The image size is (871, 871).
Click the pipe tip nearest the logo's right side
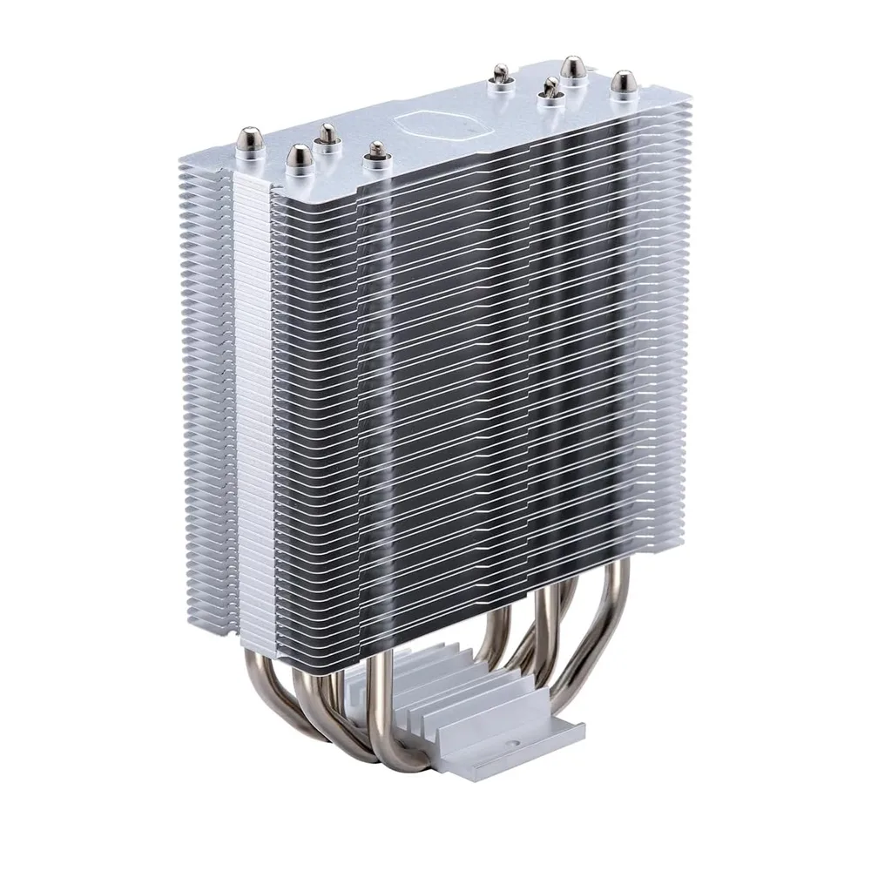pyautogui.click(x=502, y=75)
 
